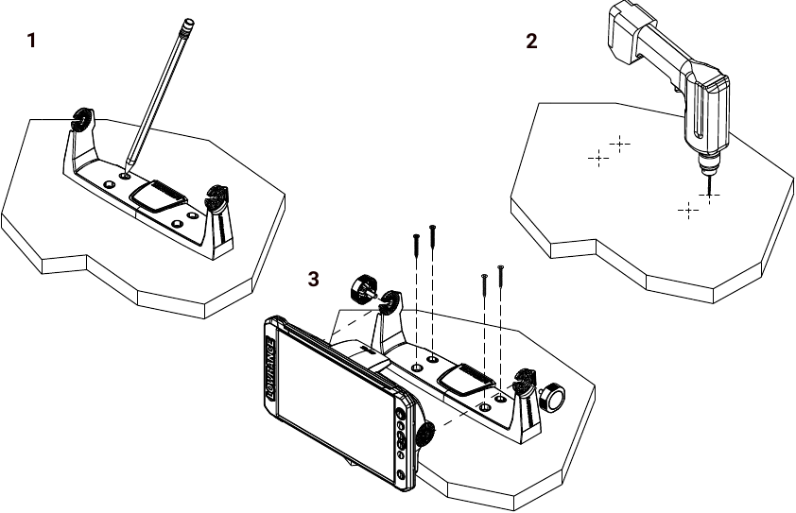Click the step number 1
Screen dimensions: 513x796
(32, 42)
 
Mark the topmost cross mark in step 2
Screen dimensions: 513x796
(619, 143)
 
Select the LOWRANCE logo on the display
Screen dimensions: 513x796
(269, 368)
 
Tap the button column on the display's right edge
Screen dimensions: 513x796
(403, 440)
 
